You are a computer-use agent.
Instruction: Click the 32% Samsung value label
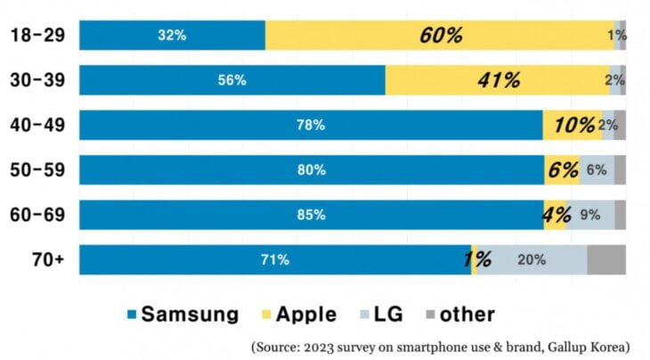tap(172, 36)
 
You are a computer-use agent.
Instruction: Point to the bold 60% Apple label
tap(441, 36)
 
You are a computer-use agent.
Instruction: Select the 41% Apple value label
tap(499, 80)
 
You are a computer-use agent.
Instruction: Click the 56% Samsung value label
tap(232, 80)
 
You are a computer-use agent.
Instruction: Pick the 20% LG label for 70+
tap(532, 260)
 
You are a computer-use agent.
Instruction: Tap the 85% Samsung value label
tap(311, 215)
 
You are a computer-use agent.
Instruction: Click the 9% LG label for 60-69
tap(589, 215)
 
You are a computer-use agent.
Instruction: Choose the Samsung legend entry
tap(183, 314)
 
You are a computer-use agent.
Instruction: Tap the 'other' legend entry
tap(459, 314)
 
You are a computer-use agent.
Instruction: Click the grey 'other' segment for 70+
tap(605, 260)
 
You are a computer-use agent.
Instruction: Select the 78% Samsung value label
tap(310, 126)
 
